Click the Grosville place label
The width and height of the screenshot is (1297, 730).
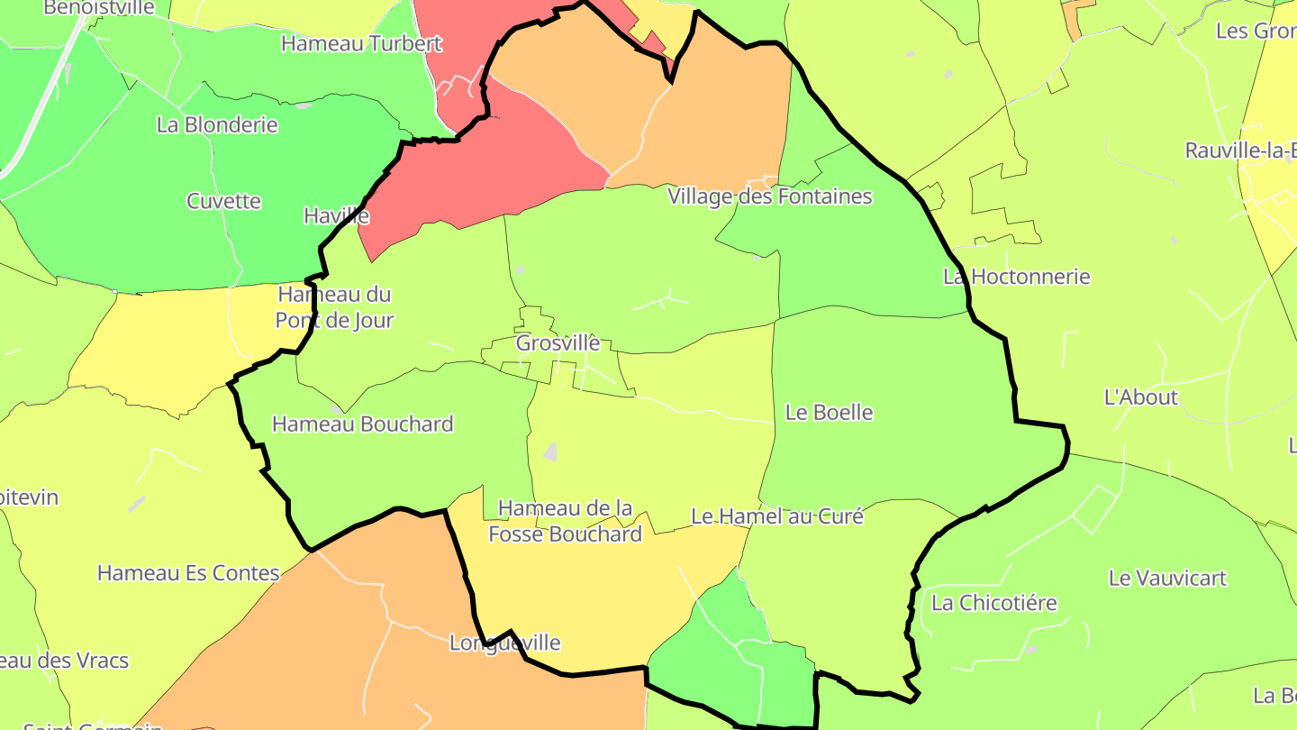point(558,343)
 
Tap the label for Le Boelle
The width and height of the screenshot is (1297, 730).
point(829,413)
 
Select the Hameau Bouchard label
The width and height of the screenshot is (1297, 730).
point(362,424)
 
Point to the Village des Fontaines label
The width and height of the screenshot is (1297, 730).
point(769,196)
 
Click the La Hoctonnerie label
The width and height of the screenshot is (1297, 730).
point(1016,277)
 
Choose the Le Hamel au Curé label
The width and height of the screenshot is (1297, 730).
point(776,516)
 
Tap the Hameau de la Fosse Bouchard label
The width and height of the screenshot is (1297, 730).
point(566,522)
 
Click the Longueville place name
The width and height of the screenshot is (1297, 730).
point(504,643)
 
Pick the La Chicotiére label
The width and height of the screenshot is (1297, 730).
point(993,603)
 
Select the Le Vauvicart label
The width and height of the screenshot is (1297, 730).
point(1167,579)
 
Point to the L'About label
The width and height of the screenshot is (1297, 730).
point(1140,397)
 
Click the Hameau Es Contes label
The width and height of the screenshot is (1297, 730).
point(188,573)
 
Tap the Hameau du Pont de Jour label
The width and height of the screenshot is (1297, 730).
point(335,307)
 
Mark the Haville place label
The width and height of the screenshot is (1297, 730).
point(336,216)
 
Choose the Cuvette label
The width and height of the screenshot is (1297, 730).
point(223,201)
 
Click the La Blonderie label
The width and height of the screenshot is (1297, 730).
point(217,125)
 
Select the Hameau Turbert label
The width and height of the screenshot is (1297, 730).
point(361,43)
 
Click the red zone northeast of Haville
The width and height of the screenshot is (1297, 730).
point(486,171)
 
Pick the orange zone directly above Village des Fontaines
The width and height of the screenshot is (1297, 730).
point(721,117)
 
